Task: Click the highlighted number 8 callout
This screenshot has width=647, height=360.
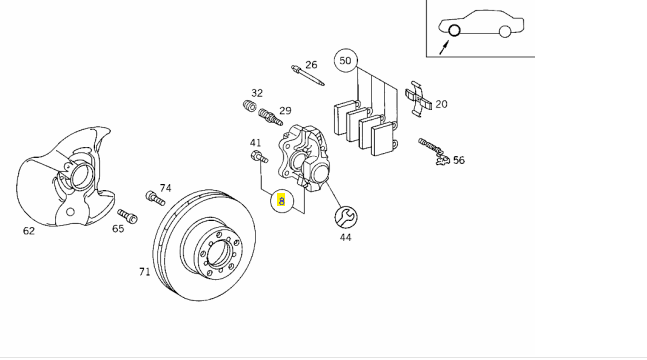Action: pyautogui.click(x=281, y=201)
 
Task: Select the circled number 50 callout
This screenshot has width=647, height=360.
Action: pyautogui.click(x=345, y=61)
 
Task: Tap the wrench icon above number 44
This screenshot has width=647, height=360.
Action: pyautogui.click(x=346, y=217)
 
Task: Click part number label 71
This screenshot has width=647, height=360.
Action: pyautogui.click(x=144, y=272)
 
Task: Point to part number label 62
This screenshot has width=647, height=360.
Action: pyautogui.click(x=28, y=231)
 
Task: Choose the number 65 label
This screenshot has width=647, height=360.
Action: pyautogui.click(x=118, y=228)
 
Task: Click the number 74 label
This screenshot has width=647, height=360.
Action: pyautogui.click(x=165, y=188)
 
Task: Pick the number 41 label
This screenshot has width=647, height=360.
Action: pyautogui.click(x=255, y=143)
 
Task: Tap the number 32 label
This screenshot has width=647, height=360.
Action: pyautogui.click(x=257, y=93)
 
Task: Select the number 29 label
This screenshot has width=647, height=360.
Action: pyautogui.click(x=285, y=111)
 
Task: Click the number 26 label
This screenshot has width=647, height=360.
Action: pyautogui.click(x=311, y=65)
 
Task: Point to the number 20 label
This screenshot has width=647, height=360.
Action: pyautogui.click(x=441, y=104)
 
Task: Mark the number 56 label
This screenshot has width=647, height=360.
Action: pyautogui.click(x=459, y=160)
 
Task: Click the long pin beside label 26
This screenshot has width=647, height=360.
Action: pyautogui.click(x=307, y=75)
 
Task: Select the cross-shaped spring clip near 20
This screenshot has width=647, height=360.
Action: pyautogui.click(x=418, y=98)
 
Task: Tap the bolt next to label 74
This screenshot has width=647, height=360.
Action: pyautogui.click(x=155, y=197)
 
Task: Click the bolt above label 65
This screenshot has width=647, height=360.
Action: pyautogui.click(x=128, y=216)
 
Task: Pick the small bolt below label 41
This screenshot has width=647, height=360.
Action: pyautogui.click(x=259, y=157)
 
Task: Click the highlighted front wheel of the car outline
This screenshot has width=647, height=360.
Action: pyautogui.click(x=454, y=31)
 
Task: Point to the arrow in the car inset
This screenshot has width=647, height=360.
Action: pyautogui.click(x=444, y=47)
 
